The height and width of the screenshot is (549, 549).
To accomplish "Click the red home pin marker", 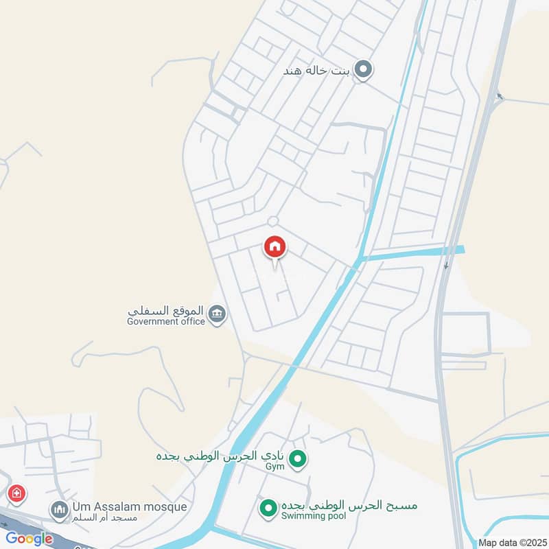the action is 275,246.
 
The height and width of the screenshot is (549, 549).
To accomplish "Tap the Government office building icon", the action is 218,314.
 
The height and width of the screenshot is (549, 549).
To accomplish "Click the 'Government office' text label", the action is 166,321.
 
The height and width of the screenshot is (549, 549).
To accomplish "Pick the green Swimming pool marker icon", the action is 268,508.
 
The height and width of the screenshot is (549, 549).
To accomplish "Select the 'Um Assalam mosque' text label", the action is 128,506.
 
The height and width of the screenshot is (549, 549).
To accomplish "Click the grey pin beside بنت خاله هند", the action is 364,69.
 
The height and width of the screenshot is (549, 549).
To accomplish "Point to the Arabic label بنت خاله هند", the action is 318,70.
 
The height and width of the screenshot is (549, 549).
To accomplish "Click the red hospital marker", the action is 16,493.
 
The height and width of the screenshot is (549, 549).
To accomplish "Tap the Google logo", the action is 29,539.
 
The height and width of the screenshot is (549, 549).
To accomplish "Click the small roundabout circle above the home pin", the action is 272,221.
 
